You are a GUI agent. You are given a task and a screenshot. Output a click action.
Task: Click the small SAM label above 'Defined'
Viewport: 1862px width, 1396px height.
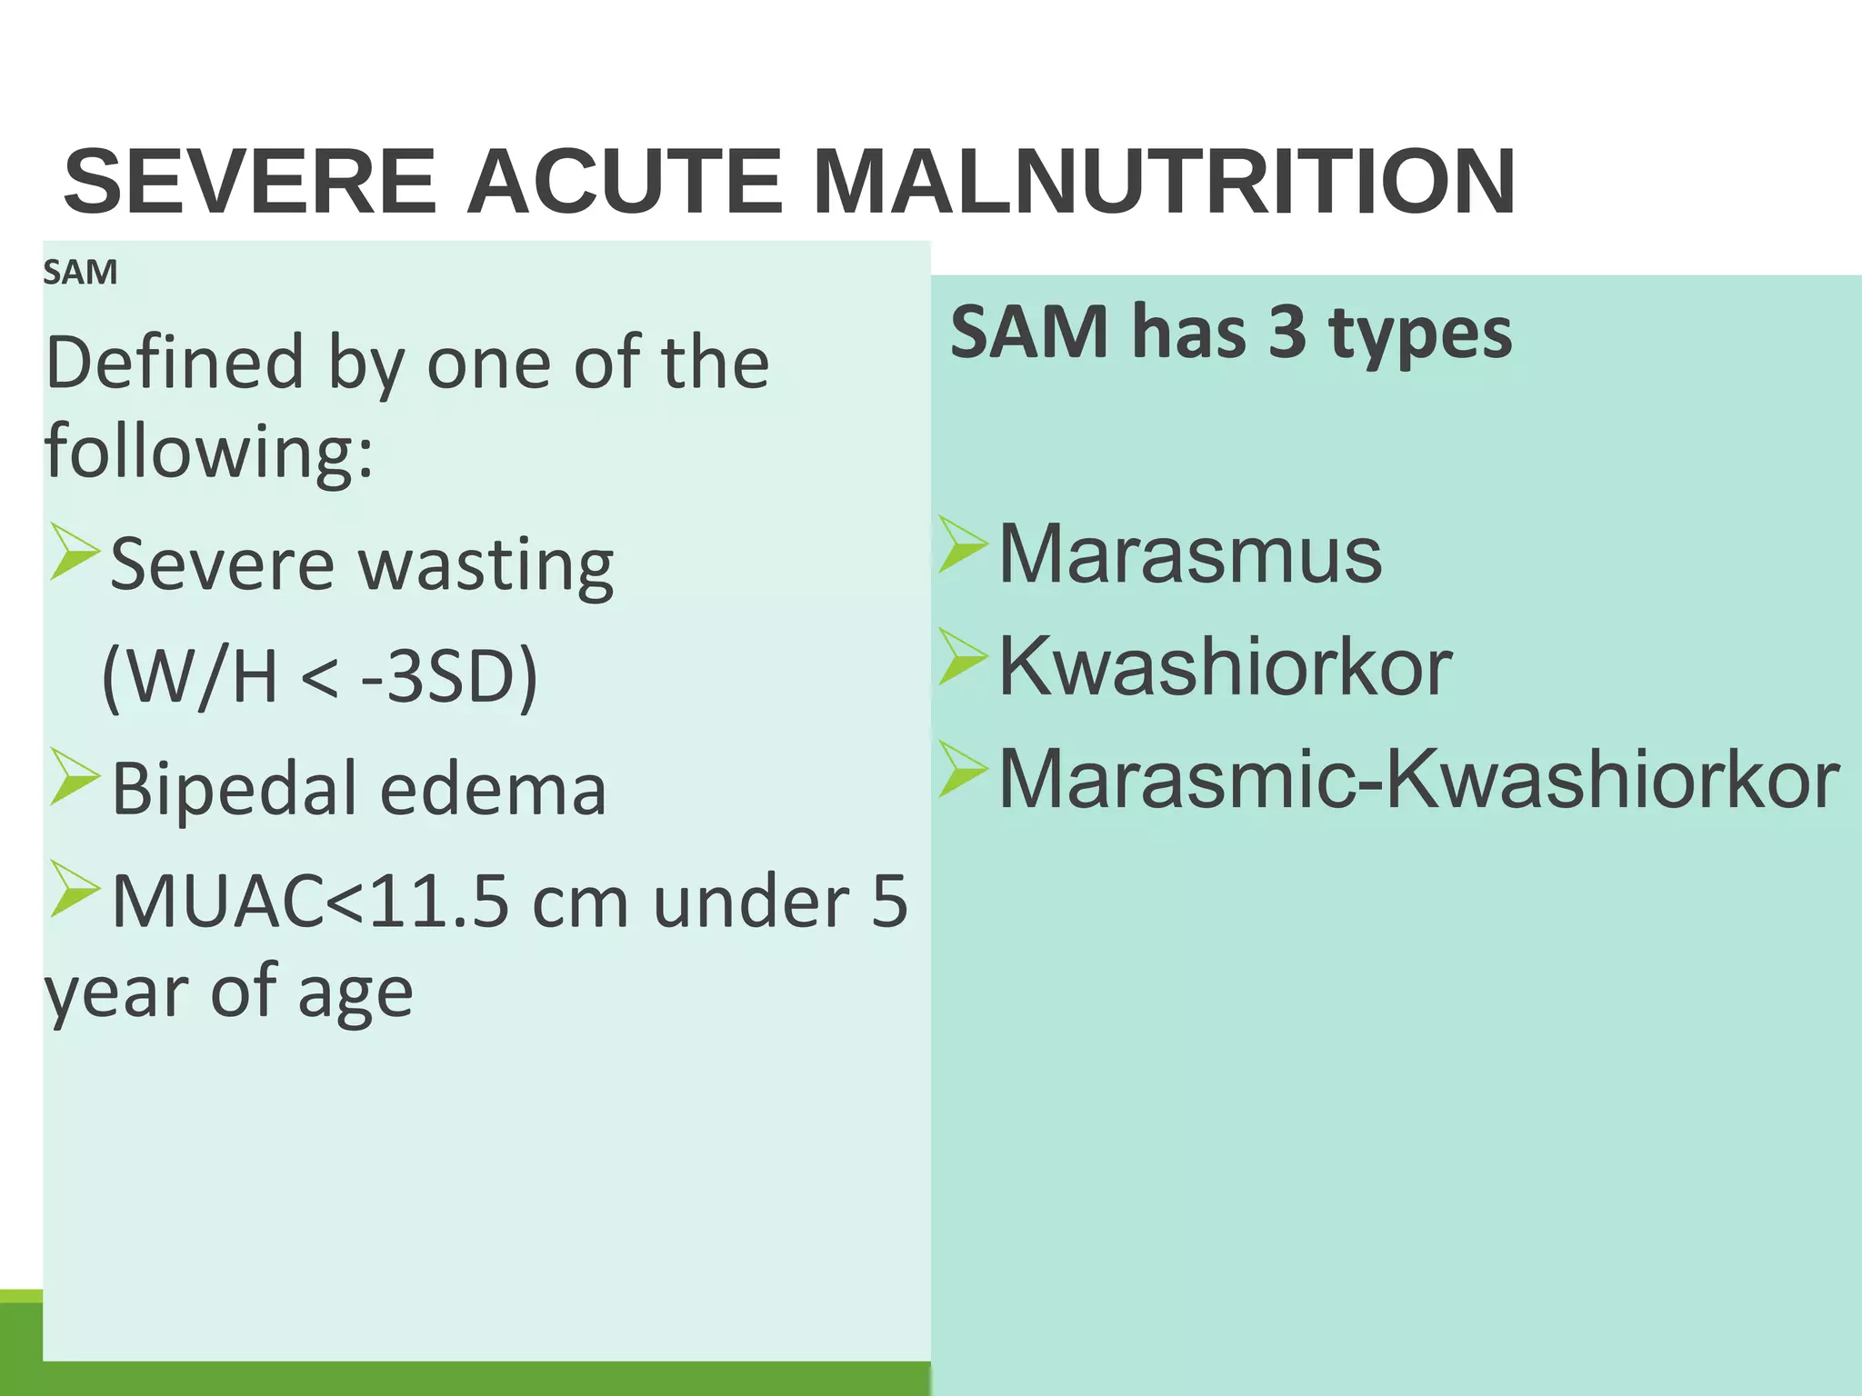point(80,273)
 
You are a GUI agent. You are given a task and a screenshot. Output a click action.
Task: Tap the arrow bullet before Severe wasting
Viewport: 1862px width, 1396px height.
point(75,552)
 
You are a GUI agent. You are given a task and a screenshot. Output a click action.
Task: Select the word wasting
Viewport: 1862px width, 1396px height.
point(486,565)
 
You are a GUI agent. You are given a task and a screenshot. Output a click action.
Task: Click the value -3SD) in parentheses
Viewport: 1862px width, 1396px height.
point(449,676)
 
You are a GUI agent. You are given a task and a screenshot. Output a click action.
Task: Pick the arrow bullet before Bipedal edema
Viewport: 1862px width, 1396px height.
point(75,776)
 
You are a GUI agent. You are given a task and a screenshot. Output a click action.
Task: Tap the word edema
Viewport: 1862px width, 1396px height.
point(493,789)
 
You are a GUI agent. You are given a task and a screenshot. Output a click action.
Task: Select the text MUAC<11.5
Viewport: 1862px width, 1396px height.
point(310,902)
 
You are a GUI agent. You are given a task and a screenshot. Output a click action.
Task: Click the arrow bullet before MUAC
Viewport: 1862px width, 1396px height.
point(75,889)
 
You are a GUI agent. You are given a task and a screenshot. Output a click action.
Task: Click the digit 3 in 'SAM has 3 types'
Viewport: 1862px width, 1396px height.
point(1286,332)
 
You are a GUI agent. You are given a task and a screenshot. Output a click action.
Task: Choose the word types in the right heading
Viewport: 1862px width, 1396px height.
point(1420,334)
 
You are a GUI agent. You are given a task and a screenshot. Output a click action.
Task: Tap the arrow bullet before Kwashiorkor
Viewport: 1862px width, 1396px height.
point(963,657)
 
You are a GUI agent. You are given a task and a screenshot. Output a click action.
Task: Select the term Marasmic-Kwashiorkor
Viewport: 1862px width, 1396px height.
point(1418,779)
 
